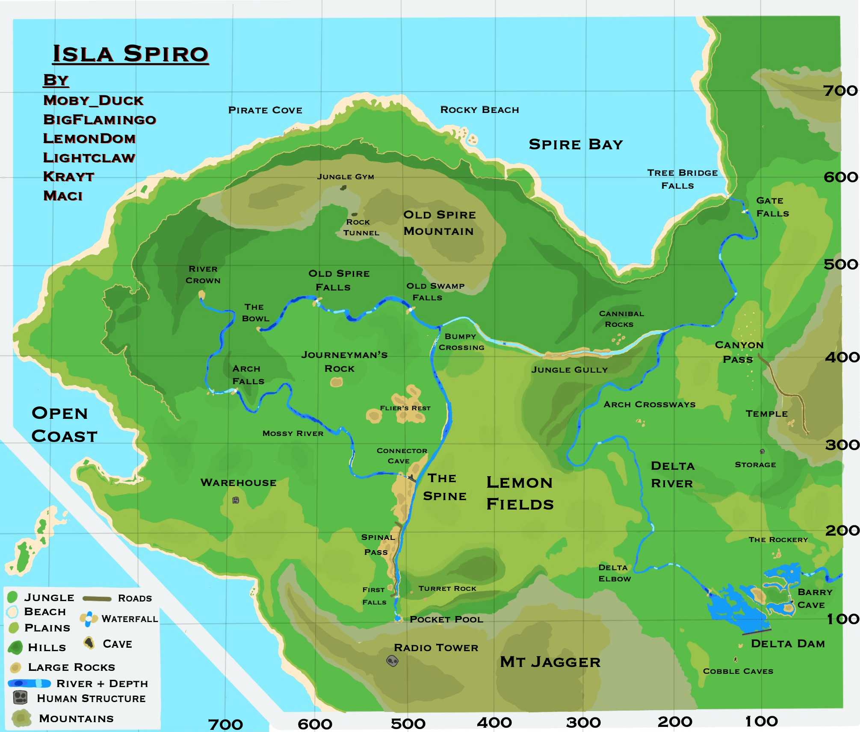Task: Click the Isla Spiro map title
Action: pos(130,54)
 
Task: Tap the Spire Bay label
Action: pos(576,145)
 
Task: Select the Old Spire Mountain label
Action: pos(439,223)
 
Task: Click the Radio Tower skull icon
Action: pos(392,661)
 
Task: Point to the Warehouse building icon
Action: pos(236,500)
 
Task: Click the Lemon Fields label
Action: pos(520,493)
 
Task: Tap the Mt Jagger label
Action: pos(550,662)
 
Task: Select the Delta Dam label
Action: pos(788,644)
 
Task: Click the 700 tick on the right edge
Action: pos(840,91)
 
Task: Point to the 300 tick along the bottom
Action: pos(583,723)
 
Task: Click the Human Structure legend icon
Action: pos(20,698)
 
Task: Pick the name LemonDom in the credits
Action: pos(89,139)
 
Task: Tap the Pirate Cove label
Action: pos(265,110)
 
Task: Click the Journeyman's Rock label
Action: pos(344,362)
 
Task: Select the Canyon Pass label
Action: pos(739,352)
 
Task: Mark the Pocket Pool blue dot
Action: pos(398,618)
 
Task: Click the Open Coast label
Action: pos(64,424)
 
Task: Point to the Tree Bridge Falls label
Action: pos(682,179)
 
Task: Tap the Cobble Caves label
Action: pos(738,671)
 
